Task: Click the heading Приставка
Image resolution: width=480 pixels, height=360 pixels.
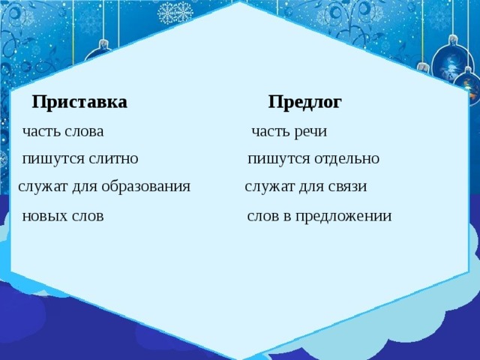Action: click(x=79, y=102)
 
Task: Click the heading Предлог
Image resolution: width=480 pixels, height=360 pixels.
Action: click(x=304, y=102)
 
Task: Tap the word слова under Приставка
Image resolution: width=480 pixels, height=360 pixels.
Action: click(x=84, y=132)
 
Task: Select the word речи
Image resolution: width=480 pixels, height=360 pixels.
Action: click(x=310, y=132)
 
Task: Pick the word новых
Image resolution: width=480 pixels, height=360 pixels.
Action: click(x=44, y=217)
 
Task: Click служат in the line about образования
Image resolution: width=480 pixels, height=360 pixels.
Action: click(x=41, y=187)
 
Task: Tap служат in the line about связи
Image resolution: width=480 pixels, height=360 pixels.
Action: click(x=268, y=187)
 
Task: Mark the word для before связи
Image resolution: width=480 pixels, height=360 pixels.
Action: click(x=310, y=187)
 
